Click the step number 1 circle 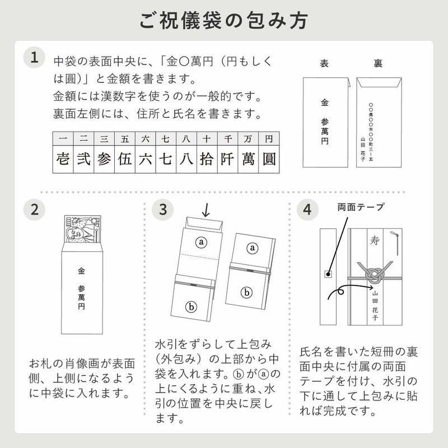(35, 58)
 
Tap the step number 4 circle (307, 210)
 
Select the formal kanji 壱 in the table (63, 158)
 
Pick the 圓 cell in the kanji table (269, 158)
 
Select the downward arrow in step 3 (206, 211)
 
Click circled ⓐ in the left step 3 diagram (201, 241)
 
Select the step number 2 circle (35, 210)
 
